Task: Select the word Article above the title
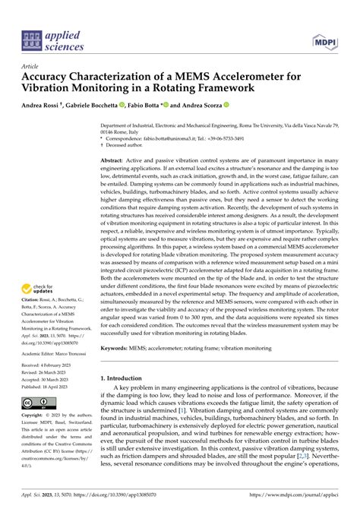coord(33,67)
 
